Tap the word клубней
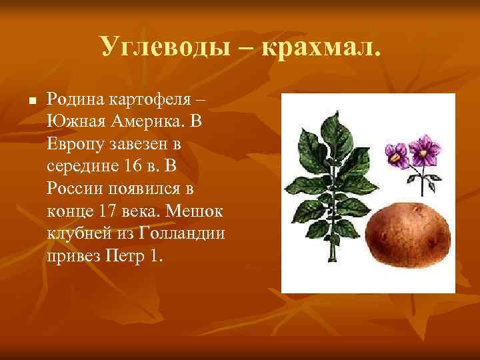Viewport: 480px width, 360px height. (76, 234)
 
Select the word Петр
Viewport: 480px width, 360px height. (123, 257)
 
